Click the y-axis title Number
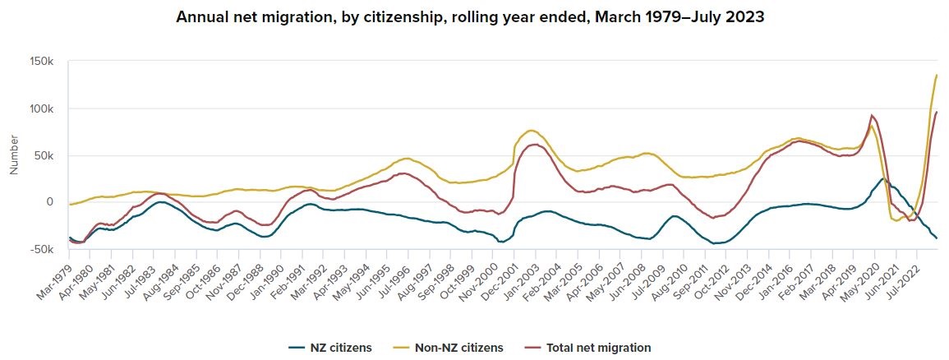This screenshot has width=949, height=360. click(x=14, y=155)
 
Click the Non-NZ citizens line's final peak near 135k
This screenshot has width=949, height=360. click(x=937, y=76)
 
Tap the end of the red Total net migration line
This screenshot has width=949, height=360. click(x=937, y=112)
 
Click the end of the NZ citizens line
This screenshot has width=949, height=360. click(x=937, y=238)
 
